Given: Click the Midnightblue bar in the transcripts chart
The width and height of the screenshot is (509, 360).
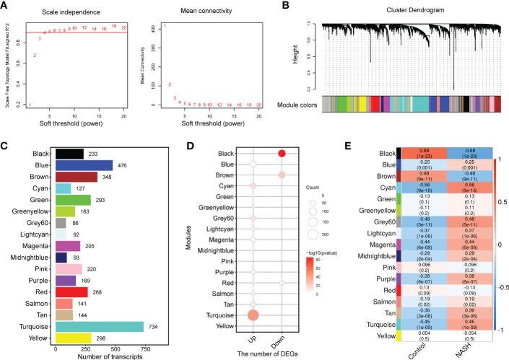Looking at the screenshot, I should click(61, 258).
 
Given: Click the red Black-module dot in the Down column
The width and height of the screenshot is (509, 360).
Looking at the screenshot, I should click(282, 153).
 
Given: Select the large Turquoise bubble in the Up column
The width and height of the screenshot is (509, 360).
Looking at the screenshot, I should click(253, 315).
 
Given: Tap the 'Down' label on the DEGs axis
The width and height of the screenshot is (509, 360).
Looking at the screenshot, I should click(282, 341).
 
